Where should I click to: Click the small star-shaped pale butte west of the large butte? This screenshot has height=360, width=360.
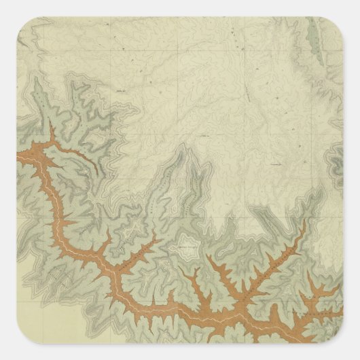[139, 228]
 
